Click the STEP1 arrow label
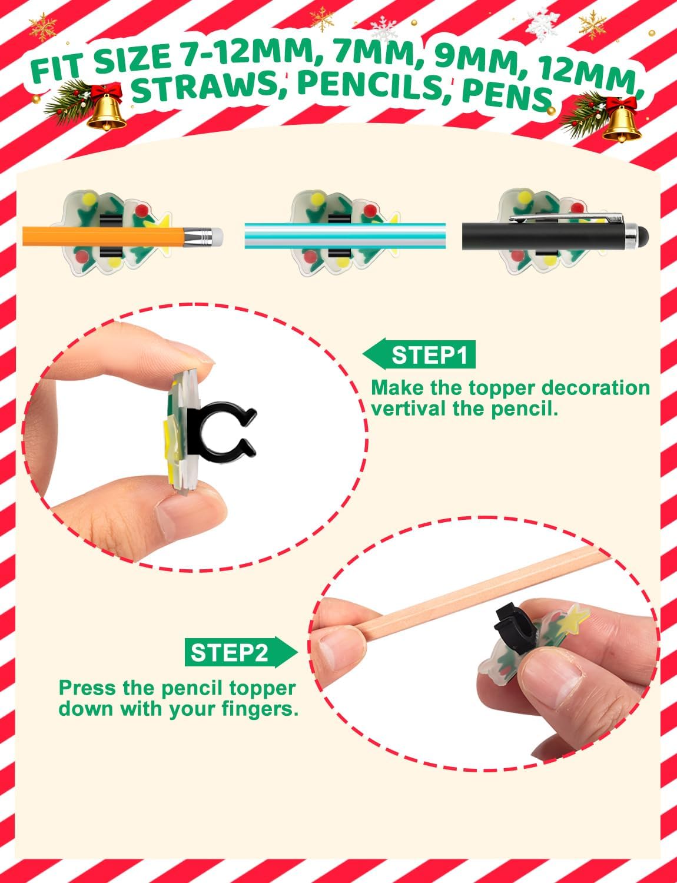click(x=419, y=354)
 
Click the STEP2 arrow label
click(x=241, y=653)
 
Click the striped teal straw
click(x=345, y=235)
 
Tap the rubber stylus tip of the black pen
click(x=643, y=237)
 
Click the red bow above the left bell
click(x=107, y=92)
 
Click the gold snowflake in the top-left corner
click(x=42, y=27)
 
